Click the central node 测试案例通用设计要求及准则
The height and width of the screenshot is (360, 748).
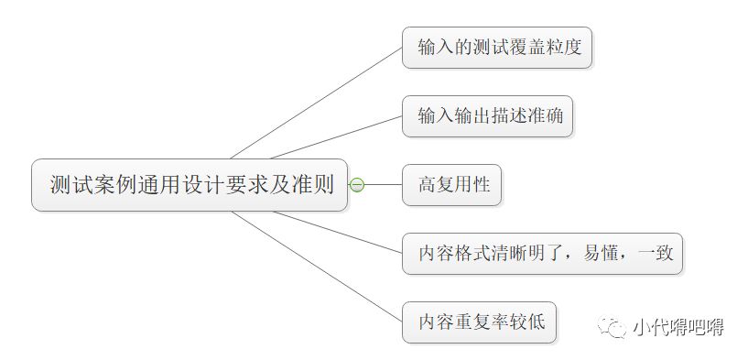190,185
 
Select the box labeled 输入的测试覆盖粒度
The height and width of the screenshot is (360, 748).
497,48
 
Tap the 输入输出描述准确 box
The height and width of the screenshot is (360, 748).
487,116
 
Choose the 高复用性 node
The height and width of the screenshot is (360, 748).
452,185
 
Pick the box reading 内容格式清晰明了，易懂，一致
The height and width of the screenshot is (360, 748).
543,254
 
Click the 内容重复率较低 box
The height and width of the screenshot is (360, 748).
479,322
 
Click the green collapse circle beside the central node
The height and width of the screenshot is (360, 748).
357,185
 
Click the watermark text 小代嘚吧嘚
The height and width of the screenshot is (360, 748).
677,326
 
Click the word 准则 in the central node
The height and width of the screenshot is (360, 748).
313,185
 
